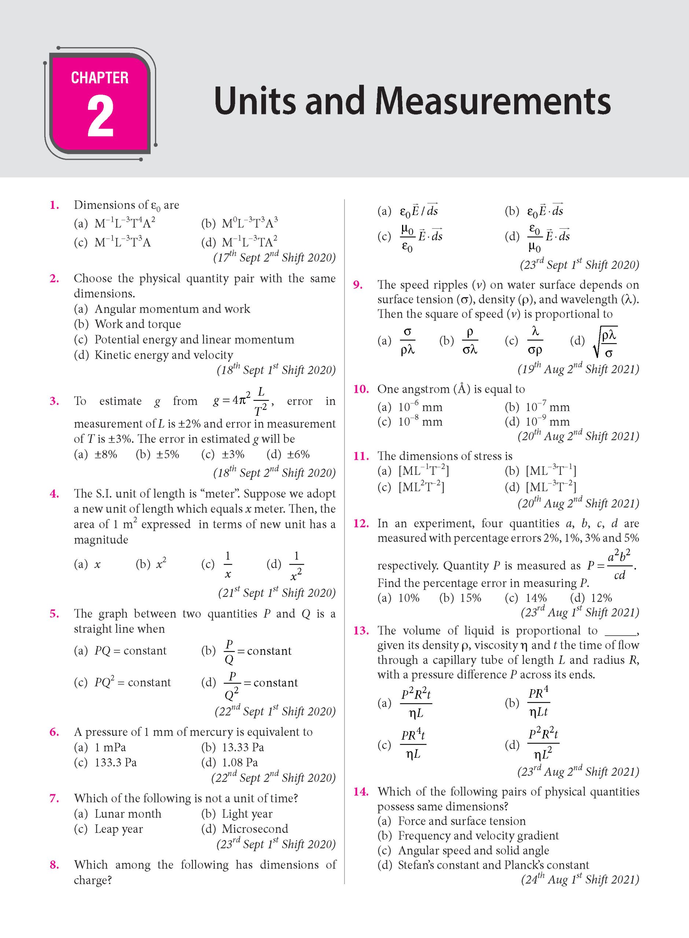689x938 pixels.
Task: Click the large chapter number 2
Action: [x=100, y=116]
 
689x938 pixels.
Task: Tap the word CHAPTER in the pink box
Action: [x=100, y=78]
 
